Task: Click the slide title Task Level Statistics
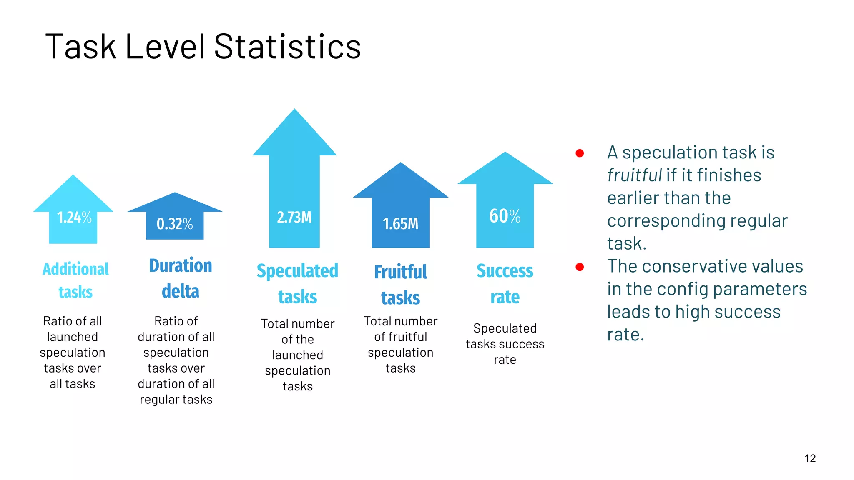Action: click(x=203, y=46)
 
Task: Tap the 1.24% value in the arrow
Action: click(x=74, y=217)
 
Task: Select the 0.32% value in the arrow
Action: click(x=175, y=224)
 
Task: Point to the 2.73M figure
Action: click(x=294, y=217)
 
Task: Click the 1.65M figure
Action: click(x=400, y=224)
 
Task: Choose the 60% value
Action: click(x=505, y=216)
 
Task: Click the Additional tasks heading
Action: click(x=75, y=280)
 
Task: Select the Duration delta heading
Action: click(x=181, y=278)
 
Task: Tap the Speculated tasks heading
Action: click(x=297, y=284)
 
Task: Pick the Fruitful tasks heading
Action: click(x=400, y=285)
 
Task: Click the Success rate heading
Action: click(x=505, y=284)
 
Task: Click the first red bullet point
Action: click(x=580, y=153)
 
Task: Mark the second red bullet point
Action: click(x=580, y=267)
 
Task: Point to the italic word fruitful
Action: click(x=634, y=175)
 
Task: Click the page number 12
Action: click(x=810, y=458)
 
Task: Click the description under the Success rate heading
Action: click(x=505, y=344)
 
